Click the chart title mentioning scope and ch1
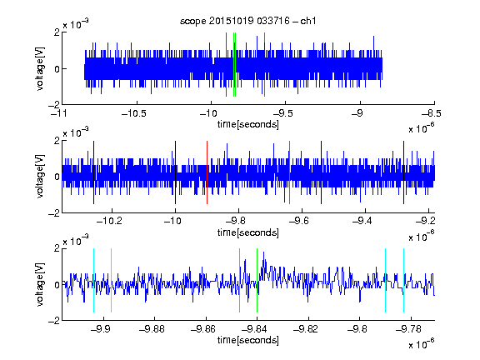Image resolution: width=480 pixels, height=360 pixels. point(247,21)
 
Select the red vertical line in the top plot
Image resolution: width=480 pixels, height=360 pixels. point(226,64)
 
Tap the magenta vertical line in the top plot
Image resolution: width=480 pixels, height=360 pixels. point(264,64)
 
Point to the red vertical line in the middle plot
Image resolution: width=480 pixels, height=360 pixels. point(207,172)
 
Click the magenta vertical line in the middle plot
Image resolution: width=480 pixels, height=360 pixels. point(290,172)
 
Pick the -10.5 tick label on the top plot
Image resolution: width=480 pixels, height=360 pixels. point(134,113)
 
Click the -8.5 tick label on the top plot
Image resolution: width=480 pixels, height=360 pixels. point(431,113)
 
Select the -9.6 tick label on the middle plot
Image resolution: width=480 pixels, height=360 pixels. point(298,220)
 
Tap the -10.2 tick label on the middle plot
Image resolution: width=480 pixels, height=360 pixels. point(109,220)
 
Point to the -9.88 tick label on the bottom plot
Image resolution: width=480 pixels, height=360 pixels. point(152,329)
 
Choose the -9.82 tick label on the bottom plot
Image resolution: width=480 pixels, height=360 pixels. point(306,329)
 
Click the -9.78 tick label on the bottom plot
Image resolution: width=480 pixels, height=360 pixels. point(408,329)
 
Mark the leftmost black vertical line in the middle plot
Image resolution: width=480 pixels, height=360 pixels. point(93,172)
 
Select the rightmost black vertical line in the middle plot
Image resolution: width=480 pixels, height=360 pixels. point(403,172)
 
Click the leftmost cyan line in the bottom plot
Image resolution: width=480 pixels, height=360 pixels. point(93,280)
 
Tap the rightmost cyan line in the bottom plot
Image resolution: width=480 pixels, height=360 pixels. point(403,280)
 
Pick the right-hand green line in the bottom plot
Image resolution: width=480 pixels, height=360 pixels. point(257,280)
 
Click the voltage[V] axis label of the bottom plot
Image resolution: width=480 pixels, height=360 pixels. point(40,285)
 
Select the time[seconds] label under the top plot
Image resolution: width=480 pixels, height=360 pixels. point(248,124)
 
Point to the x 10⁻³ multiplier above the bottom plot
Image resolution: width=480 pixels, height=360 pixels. point(76,241)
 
